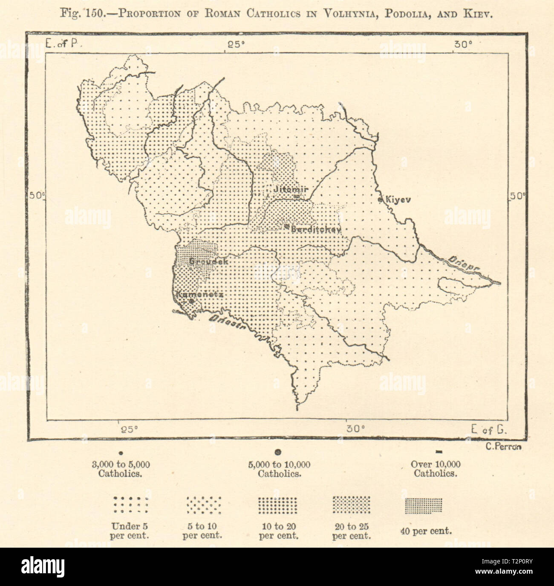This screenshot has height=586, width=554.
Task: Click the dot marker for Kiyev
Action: (381, 199)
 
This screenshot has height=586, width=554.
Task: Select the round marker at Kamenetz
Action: (192, 301)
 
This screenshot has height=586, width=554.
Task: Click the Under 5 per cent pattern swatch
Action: (130, 505)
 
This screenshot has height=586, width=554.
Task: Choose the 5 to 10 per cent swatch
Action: (204, 505)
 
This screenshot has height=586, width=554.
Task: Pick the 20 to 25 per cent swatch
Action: (351, 505)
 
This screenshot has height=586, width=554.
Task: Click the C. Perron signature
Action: (503, 447)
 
